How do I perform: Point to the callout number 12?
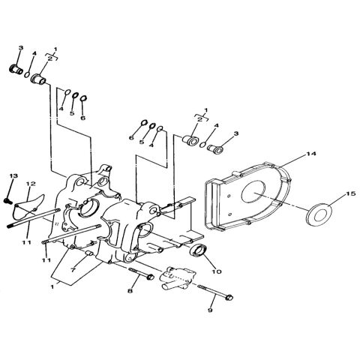(31, 184)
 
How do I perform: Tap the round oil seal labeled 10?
(198, 250)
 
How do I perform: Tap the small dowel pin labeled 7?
(88, 256)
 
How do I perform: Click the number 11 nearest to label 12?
(25, 242)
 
